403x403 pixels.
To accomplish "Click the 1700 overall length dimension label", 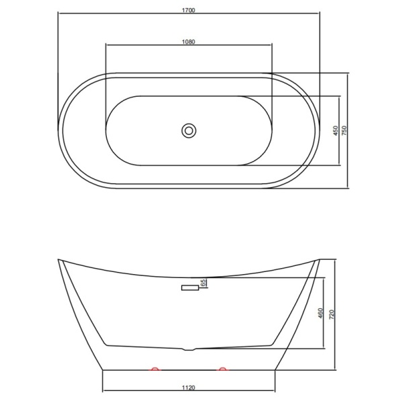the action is click(189, 10).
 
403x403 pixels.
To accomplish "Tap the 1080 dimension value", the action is click(189, 42).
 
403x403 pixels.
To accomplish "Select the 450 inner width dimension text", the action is click(335, 131).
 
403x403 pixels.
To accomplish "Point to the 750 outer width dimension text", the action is click(344, 131).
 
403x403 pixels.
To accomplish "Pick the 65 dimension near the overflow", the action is click(204, 283).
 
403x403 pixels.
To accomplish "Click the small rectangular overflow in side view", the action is click(190, 287).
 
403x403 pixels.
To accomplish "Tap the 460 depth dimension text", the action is click(320, 313).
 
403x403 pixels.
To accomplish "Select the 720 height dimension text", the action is click(332, 314).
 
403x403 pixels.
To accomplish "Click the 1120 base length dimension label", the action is click(189, 388).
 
